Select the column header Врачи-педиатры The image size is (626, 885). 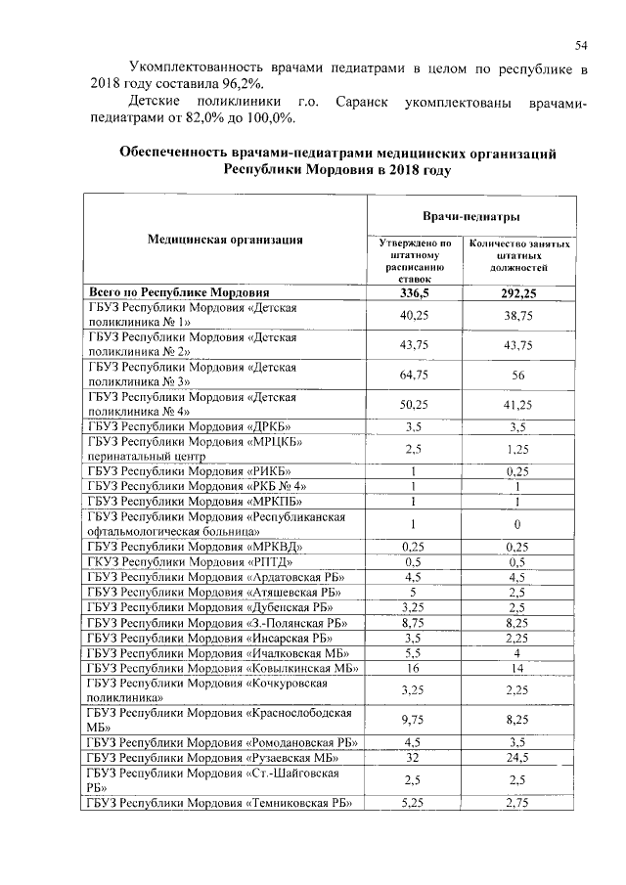coord(470,215)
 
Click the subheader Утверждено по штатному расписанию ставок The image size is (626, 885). coord(415,261)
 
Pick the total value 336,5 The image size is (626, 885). coord(415,292)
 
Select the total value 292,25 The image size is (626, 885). coord(517,292)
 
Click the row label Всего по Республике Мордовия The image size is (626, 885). coord(179,292)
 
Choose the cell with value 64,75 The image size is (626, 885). coord(415,375)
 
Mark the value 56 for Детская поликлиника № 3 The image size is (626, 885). coord(517,375)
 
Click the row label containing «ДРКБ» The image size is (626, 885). coord(190,426)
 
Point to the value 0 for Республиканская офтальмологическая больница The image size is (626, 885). coord(517,524)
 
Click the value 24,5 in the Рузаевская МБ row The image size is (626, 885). coord(517,757)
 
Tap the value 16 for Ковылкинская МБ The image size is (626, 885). coord(415,668)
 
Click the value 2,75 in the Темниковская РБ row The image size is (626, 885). coord(517,802)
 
